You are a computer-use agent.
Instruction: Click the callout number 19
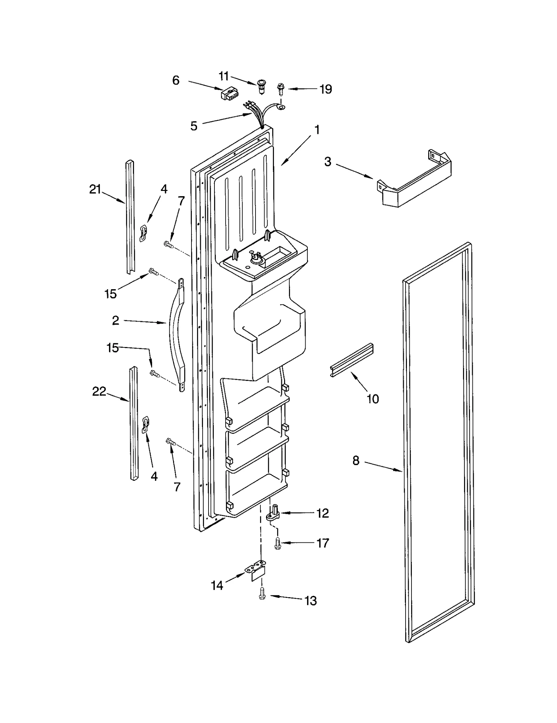326,89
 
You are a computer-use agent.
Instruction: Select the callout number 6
176,80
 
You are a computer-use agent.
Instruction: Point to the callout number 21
95,190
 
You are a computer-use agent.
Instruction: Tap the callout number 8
355,461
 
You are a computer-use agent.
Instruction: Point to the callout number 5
194,126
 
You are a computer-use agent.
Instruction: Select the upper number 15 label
110,294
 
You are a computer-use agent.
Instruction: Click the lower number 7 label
177,487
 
